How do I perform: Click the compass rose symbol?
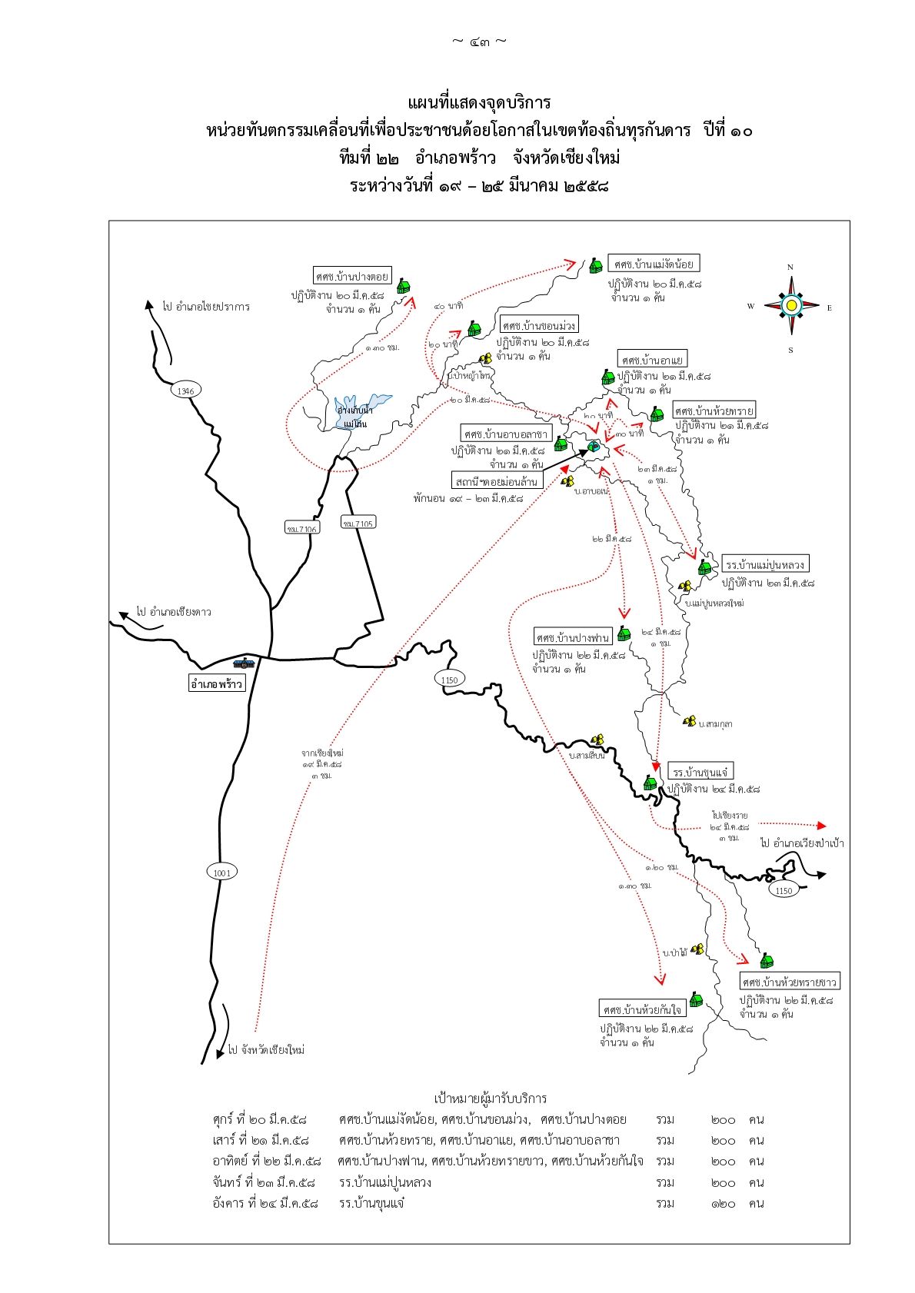click(x=790, y=306)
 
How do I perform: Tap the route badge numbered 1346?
click(x=185, y=391)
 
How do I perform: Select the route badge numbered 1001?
click(x=221, y=872)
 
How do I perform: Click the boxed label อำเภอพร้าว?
click(x=217, y=683)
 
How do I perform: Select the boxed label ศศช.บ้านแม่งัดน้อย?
click(x=654, y=264)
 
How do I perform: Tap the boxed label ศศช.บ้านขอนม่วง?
click(x=538, y=324)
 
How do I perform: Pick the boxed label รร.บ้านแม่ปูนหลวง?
click(x=765, y=565)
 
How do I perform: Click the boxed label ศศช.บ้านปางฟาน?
click(x=573, y=637)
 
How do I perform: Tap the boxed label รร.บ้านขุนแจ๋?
click(x=700, y=772)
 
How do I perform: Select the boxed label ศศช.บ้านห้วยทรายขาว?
click(x=790, y=982)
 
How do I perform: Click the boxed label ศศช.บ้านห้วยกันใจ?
click(x=642, y=1009)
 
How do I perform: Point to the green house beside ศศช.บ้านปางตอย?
click(x=403, y=287)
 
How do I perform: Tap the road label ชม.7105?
click(x=358, y=523)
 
